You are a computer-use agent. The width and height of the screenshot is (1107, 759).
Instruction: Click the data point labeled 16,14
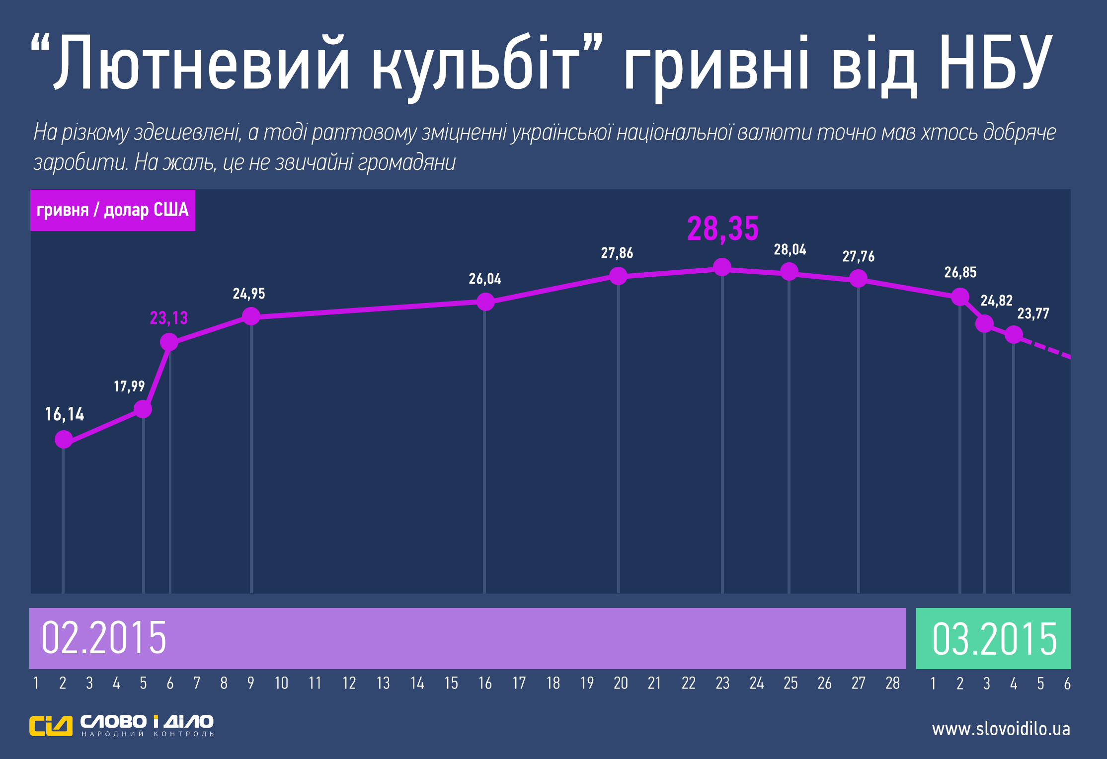pyautogui.click(x=64, y=439)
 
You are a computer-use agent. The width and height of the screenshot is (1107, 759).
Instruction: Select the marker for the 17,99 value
pyautogui.click(x=143, y=409)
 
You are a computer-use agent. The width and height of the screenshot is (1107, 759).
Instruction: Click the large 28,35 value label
pyautogui.click(x=722, y=229)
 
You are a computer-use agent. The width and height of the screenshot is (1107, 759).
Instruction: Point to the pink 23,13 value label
pyautogui.click(x=169, y=318)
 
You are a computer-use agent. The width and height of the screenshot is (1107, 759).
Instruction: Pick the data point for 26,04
pyautogui.click(x=485, y=302)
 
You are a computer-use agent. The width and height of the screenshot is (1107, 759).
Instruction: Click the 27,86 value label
pyautogui.click(x=617, y=253)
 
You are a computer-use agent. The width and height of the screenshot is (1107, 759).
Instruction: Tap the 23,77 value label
pyautogui.click(x=1033, y=314)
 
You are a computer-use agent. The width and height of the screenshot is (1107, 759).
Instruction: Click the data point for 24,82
pyautogui.click(x=984, y=324)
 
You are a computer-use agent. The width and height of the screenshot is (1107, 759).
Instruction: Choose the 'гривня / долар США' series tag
pyautogui.click(x=113, y=210)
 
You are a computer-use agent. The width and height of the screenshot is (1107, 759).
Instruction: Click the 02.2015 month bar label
pyautogui.click(x=104, y=638)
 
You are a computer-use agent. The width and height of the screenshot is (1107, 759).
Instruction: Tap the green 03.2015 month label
pyautogui.click(x=994, y=639)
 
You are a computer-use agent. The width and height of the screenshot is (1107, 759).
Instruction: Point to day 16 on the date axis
pyautogui.click(x=485, y=683)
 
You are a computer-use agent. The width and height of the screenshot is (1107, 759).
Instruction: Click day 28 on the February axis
pyautogui.click(x=892, y=683)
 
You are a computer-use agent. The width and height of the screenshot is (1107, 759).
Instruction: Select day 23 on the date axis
pyautogui.click(x=722, y=683)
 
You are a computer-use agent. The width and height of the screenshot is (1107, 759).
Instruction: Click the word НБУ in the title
pyautogui.click(x=995, y=63)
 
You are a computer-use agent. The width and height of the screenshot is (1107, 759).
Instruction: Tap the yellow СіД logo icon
pyautogui.click(x=51, y=726)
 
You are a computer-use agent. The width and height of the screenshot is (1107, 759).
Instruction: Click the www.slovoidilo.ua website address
pyautogui.click(x=1001, y=729)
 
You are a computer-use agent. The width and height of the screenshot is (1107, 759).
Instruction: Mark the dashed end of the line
pyautogui.click(x=1048, y=349)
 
